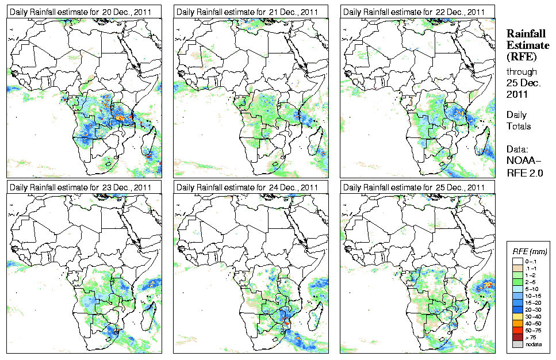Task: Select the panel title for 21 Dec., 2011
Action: click(247, 12)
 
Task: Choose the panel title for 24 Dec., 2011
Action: click(247, 187)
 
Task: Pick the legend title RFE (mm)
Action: click(530, 251)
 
